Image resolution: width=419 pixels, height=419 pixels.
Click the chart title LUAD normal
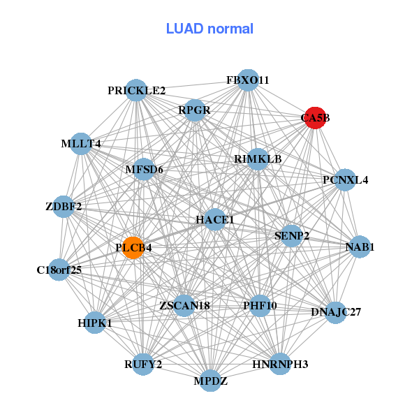click(x=209, y=29)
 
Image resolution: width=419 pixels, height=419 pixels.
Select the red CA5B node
click(x=315, y=118)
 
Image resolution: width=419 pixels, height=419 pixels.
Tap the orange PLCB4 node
click(x=133, y=247)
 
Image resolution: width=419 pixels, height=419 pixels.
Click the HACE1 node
click(x=215, y=219)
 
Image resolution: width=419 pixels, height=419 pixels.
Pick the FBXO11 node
click(x=248, y=80)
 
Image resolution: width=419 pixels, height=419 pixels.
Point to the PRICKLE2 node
click(x=137, y=90)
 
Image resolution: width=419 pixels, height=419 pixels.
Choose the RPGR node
click(x=194, y=110)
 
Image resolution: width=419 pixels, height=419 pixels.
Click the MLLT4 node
click(x=81, y=144)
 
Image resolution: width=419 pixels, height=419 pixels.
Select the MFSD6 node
click(x=144, y=169)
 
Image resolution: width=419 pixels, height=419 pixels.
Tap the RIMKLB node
click(x=258, y=159)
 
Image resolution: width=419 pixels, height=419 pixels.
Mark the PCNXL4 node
click(x=345, y=180)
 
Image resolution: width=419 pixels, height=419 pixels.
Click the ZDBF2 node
click(x=64, y=207)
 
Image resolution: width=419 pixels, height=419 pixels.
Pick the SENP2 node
click(x=292, y=235)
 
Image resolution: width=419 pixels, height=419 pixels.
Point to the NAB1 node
click(x=360, y=247)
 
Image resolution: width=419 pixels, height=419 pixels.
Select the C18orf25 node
click(x=59, y=270)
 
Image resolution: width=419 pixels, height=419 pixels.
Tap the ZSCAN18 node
click(x=184, y=306)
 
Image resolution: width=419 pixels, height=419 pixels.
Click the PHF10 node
click(x=260, y=306)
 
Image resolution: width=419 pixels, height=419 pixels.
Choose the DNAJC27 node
click(x=336, y=311)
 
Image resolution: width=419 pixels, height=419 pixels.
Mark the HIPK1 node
click(x=95, y=323)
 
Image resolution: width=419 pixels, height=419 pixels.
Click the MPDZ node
click(x=211, y=381)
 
